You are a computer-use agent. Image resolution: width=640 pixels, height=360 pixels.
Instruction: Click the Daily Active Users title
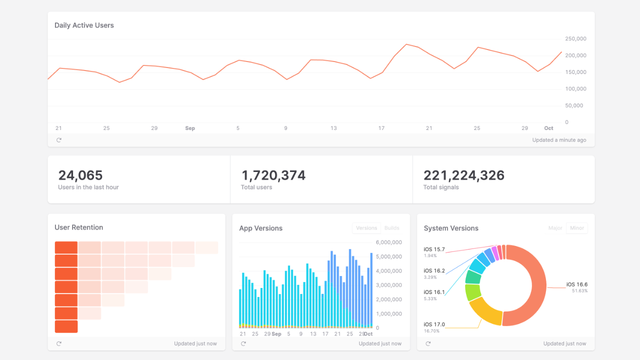pyautogui.click(x=84, y=25)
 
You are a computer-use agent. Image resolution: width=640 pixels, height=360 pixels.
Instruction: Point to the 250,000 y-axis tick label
pyautogui.click(x=575, y=38)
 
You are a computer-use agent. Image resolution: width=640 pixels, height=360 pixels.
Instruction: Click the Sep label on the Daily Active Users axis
pyautogui.click(x=190, y=128)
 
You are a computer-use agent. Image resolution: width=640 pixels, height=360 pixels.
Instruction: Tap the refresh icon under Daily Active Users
pyautogui.click(x=59, y=140)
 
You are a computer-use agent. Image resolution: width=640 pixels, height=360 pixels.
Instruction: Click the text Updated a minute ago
pyautogui.click(x=559, y=140)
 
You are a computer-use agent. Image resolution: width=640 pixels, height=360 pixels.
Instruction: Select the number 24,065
pyautogui.click(x=80, y=175)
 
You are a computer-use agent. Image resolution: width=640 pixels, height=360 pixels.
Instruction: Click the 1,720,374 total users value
pyautogui.click(x=273, y=175)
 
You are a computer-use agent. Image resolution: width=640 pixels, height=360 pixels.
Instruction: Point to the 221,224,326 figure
pyautogui.click(x=464, y=175)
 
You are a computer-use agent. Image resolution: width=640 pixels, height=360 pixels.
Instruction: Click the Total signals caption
pyautogui.click(x=441, y=187)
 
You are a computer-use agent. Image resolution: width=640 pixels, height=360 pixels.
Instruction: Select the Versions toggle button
pyautogui.click(x=366, y=228)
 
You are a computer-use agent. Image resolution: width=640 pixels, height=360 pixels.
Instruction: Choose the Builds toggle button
pyautogui.click(x=392, y=228)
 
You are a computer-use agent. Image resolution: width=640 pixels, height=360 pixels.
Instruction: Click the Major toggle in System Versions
pyautogui.click(x=555, y=228)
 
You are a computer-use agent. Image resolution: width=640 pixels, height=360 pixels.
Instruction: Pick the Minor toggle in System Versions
pyautogui.click(x=577, y=228)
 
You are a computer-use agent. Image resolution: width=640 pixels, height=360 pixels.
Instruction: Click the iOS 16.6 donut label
pyautogui.click(x=577, y=284)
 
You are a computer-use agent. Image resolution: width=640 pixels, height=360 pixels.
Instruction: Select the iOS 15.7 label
pyautogui.click(x=434, y=249)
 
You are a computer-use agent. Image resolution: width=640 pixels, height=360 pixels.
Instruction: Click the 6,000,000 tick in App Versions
pyautogui.click(x=388, y=242)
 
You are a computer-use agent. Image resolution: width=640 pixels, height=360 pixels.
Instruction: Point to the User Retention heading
pyautogui.click(x=78, y=227)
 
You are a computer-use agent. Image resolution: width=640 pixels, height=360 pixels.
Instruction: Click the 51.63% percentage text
pyautogui.click(x=580, y=291)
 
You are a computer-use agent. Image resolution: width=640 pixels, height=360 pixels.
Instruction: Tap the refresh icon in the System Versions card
pyautogui.click(x=428, y=343)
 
